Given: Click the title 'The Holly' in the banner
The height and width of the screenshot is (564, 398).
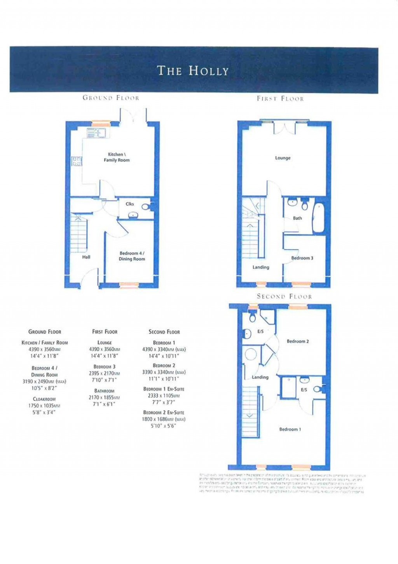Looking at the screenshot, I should [193, 70].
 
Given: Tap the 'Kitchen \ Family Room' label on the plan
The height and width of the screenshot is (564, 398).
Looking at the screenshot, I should [117, 157].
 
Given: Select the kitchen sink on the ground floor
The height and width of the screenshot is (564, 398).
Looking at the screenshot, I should [96, 133].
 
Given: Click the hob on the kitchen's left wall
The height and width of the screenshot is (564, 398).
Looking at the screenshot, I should [77, 161].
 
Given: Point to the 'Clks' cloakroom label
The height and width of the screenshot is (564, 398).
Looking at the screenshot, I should [130, 204].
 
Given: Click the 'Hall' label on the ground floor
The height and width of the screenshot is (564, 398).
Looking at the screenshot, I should [86, 257].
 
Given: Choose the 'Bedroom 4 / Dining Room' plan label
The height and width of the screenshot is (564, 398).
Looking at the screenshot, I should [132, 256].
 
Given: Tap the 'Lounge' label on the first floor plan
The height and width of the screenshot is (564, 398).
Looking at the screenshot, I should [283, 158].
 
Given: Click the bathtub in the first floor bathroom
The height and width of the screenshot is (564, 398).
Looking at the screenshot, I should [319, 218].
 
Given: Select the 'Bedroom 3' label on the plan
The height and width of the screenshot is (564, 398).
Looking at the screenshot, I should [302, 258].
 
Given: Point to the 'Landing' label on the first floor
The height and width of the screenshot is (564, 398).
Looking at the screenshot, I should [260, 267].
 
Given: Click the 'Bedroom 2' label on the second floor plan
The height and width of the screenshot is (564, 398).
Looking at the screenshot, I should [298, 341].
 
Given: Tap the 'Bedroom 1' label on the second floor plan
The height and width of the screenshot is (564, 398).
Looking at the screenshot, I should [290, 429].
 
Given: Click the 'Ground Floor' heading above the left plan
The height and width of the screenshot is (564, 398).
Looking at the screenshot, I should [111, 98].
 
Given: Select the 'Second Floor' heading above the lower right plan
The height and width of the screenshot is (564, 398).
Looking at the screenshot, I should [284, 297].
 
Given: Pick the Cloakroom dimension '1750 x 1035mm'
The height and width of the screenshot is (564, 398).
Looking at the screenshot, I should [44, 406].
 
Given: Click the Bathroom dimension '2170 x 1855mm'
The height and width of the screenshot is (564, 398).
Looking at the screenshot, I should [104, 397].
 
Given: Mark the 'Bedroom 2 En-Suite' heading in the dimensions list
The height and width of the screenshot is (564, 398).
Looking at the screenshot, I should [164, 413].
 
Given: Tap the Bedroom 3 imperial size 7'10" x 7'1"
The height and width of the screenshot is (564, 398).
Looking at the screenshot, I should [104, 380].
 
